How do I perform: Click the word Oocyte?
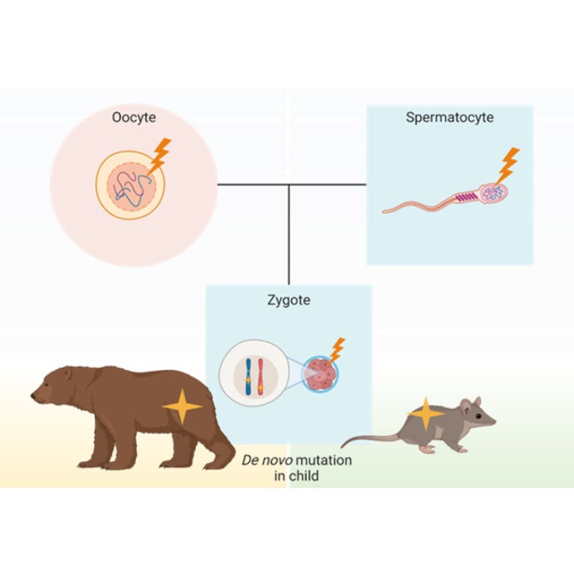[x=134, y=117]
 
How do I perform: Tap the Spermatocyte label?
[x=449, y=117]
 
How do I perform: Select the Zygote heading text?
[x=288, y=300]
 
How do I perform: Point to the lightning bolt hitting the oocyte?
[x=159, y=156]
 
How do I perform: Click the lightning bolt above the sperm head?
[x=507, y=165]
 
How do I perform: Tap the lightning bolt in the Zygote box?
[x=337, y=350]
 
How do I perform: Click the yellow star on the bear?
[x=182, y=407]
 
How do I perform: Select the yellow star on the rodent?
[x=425, y=413]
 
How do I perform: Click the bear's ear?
[x=67, y=374]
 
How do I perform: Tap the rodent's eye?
[x=478, y=416]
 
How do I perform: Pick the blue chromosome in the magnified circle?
[x=248, y=377]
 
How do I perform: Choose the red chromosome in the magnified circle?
[x=260, y=377]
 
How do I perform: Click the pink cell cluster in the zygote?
[x=321, y=374]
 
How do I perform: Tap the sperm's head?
[x=493, y=194]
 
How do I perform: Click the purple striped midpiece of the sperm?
[x=466, y=197]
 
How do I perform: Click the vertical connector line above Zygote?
[x=288, y=235]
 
